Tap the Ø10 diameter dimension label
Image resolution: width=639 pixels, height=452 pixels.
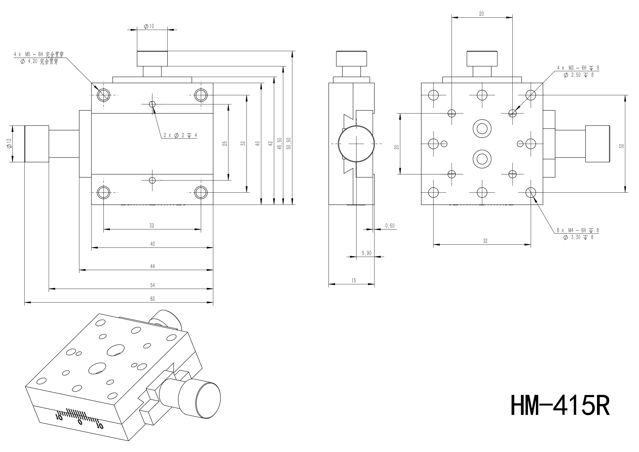click(x=149, y=26)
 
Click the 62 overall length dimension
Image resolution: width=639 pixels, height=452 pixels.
click(x=153, y=299)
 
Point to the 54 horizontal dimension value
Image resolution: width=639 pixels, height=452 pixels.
click(x=153, y=285)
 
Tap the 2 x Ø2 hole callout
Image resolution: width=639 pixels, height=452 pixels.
click(x=180, y=135)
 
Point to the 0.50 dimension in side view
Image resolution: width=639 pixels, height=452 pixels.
click(x=390, y=226)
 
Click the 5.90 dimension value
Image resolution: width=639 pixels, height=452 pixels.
click(x=367, y=253)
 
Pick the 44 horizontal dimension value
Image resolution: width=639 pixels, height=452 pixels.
click(x=153, y=266)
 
